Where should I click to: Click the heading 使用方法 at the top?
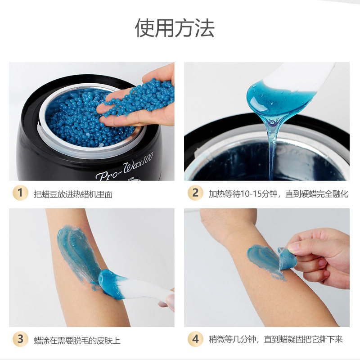pos(175,28)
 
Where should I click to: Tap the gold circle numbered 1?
pos(19,193)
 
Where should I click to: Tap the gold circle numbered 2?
pos(195,193)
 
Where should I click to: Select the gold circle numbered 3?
pos(19,339)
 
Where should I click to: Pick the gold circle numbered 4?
pos(195,339)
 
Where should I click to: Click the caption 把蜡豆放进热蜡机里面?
pos(73,194)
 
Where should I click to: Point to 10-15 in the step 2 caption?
pos(240,194)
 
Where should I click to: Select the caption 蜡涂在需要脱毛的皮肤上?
pos(77,340)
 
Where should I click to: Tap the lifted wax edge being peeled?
pos(286,259)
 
